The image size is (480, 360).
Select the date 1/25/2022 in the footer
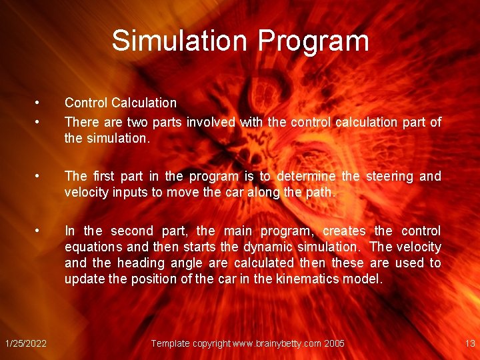25,343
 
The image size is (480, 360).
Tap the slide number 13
469,343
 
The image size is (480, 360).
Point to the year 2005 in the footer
334,343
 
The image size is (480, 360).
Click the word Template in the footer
171,343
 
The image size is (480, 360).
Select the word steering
389,176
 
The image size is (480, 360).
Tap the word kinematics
306,279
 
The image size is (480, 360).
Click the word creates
345,231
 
